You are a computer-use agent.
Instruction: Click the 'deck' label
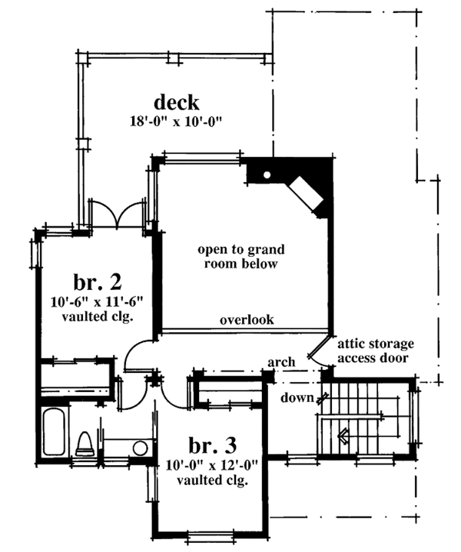(x=177, y=102)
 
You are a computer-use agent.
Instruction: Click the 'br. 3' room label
(x=210, y=445)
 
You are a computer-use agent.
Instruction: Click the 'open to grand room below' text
(x=241, y=257)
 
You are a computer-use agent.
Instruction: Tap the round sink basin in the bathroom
(x=140, y=448)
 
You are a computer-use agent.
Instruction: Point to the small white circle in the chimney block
(x=266, y=175)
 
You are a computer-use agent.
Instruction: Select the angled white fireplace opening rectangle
(x=305, y=195)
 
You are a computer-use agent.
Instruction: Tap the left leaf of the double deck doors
(x=103, y=214)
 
